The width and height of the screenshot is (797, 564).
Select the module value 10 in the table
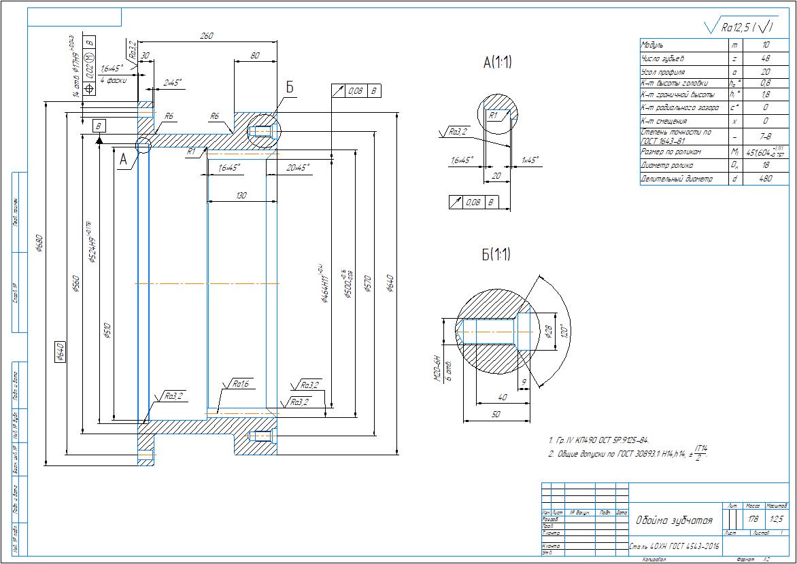tap(766, 44)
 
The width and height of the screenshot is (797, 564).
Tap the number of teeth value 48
tap(766, 58)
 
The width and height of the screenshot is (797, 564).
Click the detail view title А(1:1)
tap(497, 63)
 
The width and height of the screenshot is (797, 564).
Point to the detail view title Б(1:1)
tap(496, 255)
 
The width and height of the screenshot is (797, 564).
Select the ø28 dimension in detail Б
tap(547, 332)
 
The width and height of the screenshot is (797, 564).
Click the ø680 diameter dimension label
tap(39, 243)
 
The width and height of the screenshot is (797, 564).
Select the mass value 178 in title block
tap(753, 519)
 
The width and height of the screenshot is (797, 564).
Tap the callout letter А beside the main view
tap(123, 159)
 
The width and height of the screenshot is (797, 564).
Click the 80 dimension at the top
tap(254, 56)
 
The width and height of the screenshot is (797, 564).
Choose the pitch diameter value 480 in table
tap(766, 179)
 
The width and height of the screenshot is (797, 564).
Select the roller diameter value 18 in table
tap(766, 164)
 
